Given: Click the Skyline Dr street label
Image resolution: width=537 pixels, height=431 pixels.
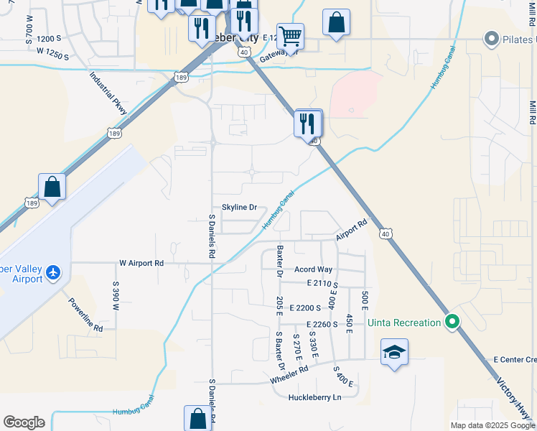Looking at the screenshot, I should click(x=239, y=208).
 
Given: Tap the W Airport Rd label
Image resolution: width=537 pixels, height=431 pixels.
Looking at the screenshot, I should click(x=141, y=264).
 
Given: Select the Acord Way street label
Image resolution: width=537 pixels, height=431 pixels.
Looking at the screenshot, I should click(x=314, y=269).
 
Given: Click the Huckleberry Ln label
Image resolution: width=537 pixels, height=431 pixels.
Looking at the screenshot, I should click(x=314, y=397).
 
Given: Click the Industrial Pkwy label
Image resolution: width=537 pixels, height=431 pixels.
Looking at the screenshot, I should click(x=108, y=93).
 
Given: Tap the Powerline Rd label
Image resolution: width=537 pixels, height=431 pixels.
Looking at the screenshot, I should click(x=86, y=315).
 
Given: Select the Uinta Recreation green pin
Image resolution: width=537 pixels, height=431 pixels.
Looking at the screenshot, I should click(x=452, y=323).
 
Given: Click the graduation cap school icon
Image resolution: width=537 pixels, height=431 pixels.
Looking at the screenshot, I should click(x=394, y=352).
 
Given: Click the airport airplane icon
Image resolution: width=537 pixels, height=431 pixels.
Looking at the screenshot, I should click(x=52, y=273).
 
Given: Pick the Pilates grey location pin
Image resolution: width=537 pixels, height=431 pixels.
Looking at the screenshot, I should click(x=492, y=39).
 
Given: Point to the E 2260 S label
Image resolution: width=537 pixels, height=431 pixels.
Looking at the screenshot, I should click(x=315, y=324).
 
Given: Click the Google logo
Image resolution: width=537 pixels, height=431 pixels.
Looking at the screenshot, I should click(x=24, y=422).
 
